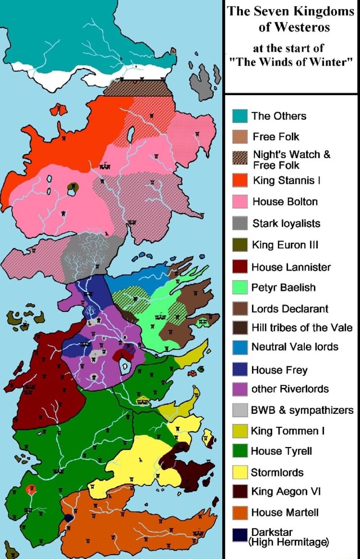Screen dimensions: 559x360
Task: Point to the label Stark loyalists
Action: pyautogui.click(x=286, y=223)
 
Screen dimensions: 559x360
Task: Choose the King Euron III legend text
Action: pyautogui.click(x=285, y=245)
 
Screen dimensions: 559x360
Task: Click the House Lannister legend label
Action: pyautogui.click(x=291, y=267)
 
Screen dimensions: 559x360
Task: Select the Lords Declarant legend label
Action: pyautogui.click(x=290, y=308)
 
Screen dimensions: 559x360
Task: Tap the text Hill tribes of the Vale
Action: pyautogui.click(x=301, y=328)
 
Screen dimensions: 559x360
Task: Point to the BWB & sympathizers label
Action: pyautogui.click(x=302, y=410)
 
